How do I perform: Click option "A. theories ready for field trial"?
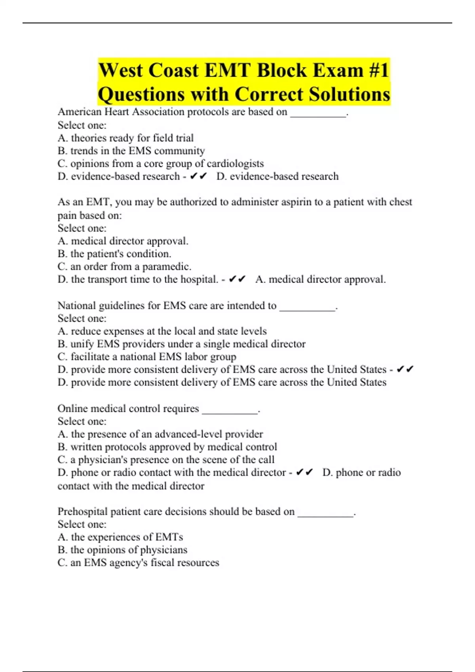pyautogui.click(x=125, y=138)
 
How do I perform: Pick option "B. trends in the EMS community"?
pyautogui.click(x=131, y=151)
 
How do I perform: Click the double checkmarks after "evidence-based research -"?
pyautogui.click(x=198, y=176)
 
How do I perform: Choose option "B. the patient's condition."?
pyautogui.click(x=114, y=254)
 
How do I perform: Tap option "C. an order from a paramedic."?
pyautogui.click(x=124, y=267)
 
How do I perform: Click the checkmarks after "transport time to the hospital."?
pyautogui.click(x=237, y=279)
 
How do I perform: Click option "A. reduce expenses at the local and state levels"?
pyautogui.click(x=162, y=331)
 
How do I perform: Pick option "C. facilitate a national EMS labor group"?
pyautogui.click(x=147, y=357)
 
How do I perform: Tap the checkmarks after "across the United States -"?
pyautogui.click(x=405, y=370)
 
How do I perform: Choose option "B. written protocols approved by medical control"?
pyautogui.click(x=167, y=447)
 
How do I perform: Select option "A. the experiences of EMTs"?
pyautogui.click(x=120, y=537)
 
